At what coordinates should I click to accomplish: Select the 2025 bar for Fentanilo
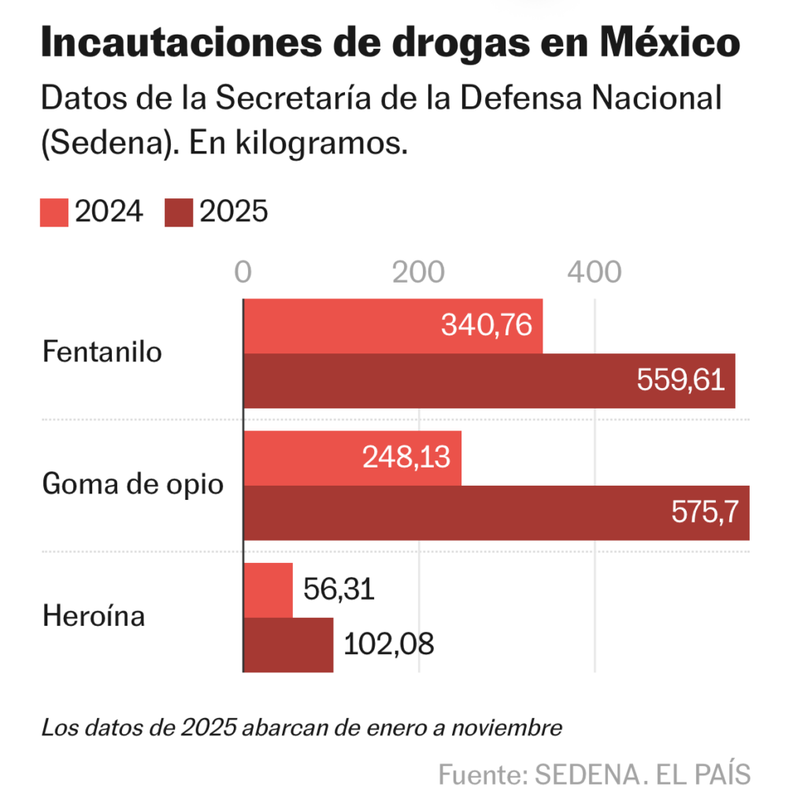(x=441, y=381)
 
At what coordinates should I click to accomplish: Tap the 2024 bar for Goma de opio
(x=315, y=458)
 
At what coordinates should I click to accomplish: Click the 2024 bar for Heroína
(x=269, y=590)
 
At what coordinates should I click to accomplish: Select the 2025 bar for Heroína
(x=288, y=645)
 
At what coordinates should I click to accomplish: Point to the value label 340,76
(x=487, y=325)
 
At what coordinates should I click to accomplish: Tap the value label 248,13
(x=406, y=458)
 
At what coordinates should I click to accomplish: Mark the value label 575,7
(x=705, y=513)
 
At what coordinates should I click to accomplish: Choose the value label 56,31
(x=339, y=590)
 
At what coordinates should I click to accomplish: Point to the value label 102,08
(x=389, y=645)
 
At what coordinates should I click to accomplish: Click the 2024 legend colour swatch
(x=54, y=213)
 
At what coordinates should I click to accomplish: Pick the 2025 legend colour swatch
(x=180, y=213)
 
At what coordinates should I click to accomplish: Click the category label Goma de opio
(x=132, y=483)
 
